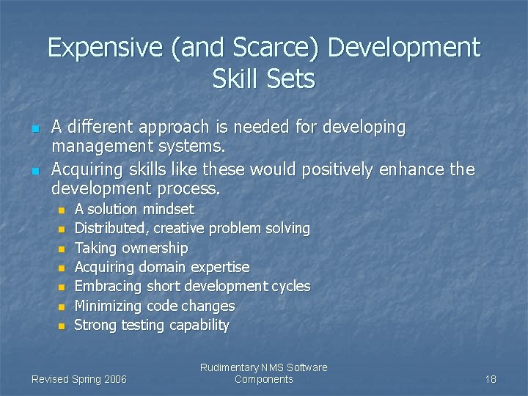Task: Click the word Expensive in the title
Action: click(95, 48)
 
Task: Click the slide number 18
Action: click(491, 379)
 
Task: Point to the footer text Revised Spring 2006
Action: click(79, 379)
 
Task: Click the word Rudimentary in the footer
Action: click(228, 367)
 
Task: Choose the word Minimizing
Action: click(109, 306)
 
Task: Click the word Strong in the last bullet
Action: click(96, 325)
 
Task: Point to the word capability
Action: click(199, 325)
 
